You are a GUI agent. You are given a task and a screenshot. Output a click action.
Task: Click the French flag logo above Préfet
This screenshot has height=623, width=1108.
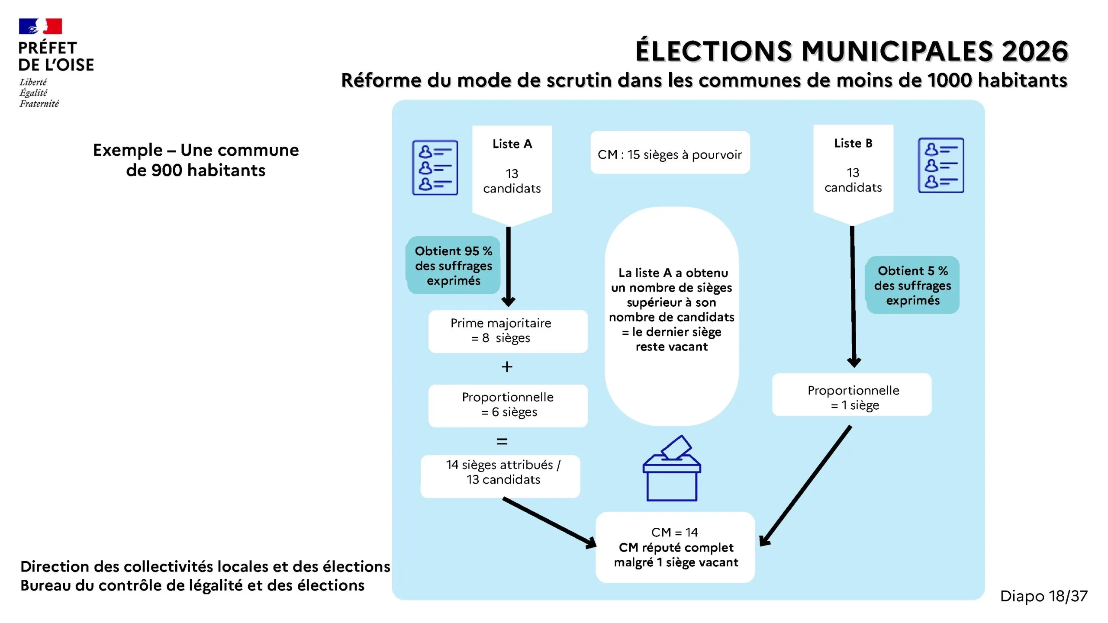tap(40, 26)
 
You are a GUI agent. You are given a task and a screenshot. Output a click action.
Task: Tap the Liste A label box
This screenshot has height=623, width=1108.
tap(512, 169)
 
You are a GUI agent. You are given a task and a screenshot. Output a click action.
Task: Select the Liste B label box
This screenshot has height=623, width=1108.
tap(853, 168)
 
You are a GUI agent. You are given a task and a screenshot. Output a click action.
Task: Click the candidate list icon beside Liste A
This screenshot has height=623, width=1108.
tap(435, 167)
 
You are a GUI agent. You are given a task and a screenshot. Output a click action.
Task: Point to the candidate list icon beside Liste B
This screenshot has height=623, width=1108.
tap(941, 165)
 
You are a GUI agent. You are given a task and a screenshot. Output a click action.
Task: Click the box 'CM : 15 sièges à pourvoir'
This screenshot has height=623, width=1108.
tap(670, 154)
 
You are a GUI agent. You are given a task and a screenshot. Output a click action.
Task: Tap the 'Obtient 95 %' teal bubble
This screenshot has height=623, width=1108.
tap(454, 266)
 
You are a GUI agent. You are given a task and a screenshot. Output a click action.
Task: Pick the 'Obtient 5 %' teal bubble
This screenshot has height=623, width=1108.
tap(912, 285)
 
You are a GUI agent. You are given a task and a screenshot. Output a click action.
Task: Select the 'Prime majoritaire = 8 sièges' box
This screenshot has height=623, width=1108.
tap(508, 331)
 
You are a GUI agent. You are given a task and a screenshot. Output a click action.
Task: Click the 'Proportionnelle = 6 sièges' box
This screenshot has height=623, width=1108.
tap(508, 405)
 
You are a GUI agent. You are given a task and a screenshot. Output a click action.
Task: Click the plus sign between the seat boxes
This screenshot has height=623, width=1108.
tap(507, 367)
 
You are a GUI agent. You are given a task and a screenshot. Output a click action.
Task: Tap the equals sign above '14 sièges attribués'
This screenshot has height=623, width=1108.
tap(502, 441)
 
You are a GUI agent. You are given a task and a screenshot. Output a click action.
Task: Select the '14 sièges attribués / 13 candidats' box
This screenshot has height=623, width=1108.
tap(500, 476)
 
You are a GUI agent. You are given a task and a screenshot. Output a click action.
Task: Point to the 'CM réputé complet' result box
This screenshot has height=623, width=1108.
tap(675, 547)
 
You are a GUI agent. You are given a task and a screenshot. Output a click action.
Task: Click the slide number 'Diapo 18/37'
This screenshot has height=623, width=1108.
tap(1044, 596)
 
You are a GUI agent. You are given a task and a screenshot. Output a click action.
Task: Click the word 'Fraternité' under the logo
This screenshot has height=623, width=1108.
tap(39, 103)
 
